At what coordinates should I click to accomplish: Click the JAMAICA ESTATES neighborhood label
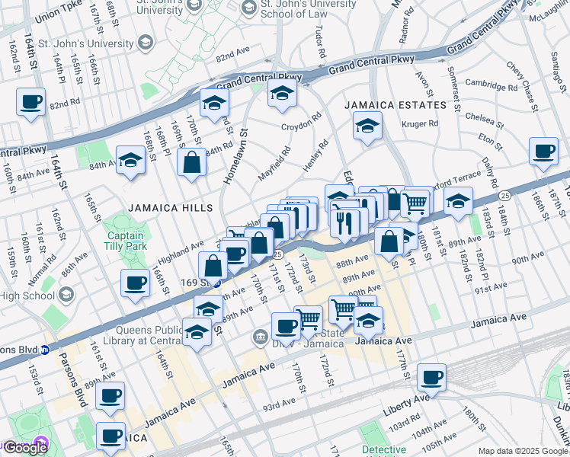(x=394, y=105)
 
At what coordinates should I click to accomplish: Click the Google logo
(x=24, y=448)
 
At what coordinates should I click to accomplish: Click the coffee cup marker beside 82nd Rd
(x=30, y=101)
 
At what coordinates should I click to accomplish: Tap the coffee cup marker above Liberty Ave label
(x=431, y=377)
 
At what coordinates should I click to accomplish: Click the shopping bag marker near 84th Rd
(x=191, y=161)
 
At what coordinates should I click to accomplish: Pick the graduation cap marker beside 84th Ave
(x=130, y=161)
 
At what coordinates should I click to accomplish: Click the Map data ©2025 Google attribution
(x=523, y=451)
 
